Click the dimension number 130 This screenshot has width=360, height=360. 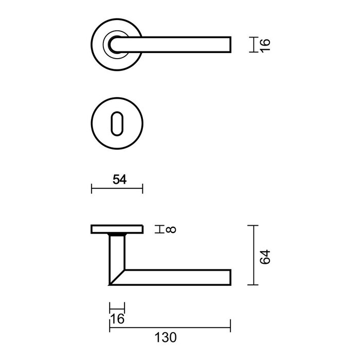(166, 337)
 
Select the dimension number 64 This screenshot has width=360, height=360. (264, 256)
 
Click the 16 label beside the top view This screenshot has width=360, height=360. (264, 44)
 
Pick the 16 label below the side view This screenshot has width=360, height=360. (118, 319)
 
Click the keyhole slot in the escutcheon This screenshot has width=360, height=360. (117, 123)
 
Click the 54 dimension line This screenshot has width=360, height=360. (117, 190)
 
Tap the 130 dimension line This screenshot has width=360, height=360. (170, 325)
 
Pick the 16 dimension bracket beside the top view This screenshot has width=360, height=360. (252, 44)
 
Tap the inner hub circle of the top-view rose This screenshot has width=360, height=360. (114, 44)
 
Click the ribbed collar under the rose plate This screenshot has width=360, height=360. (117, 235)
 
